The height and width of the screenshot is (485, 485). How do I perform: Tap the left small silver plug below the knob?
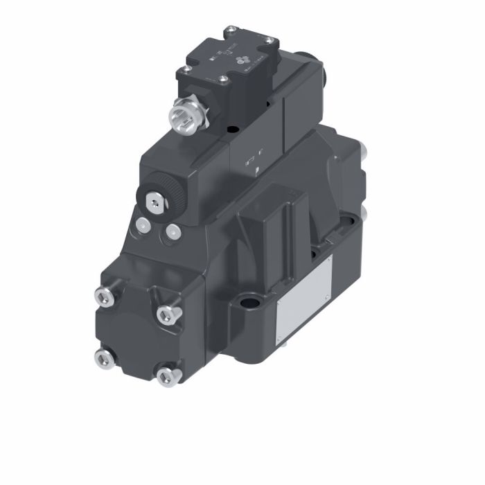[143, 224]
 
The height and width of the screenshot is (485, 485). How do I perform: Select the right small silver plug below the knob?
[170, 232]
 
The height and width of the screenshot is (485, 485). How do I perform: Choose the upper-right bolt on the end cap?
[166, 315]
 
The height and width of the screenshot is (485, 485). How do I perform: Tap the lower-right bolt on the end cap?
[165, 376]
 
